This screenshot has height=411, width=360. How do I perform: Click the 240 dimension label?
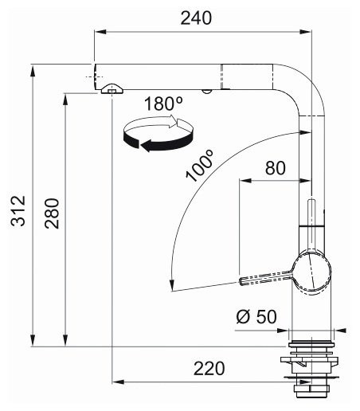click(196, 18)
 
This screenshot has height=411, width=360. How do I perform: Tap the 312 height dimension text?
click(18, 211)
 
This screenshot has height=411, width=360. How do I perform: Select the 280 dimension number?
click(52, 213)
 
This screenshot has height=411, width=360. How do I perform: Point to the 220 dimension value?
click(209, 369)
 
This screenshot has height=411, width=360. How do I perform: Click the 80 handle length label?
click(276, 168)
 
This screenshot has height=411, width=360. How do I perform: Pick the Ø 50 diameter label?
click(256, 316)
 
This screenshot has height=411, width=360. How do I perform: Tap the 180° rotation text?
click(164, 104)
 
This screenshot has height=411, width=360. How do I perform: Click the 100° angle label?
click(199, 166)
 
